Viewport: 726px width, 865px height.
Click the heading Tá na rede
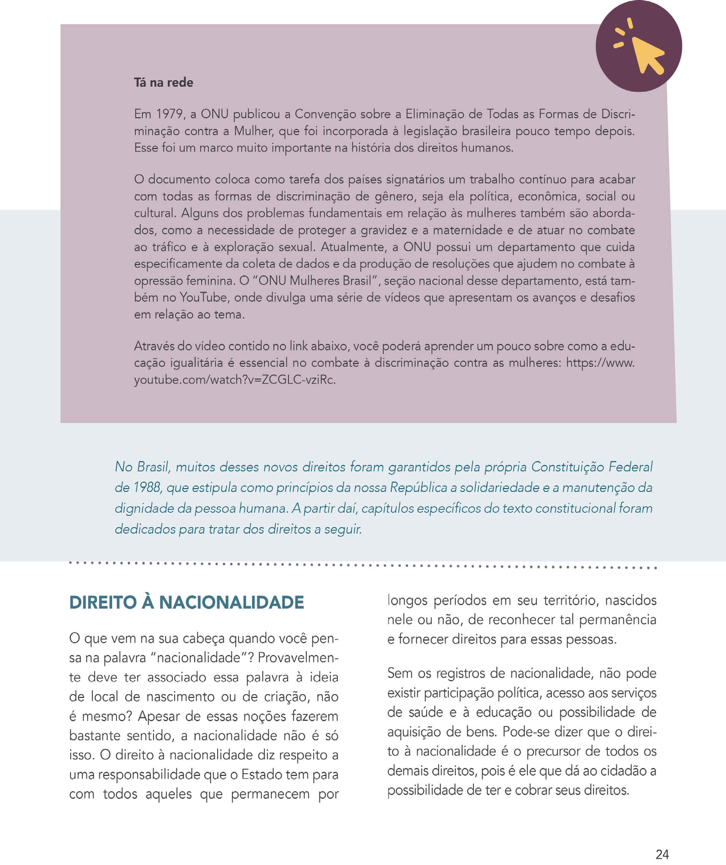point(163,83)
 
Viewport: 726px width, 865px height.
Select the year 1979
point(170,114)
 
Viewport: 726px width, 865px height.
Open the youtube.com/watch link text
point(235,380)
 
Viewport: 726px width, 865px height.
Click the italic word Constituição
point(567,467)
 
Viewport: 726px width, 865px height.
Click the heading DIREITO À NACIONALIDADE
point(186,603)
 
